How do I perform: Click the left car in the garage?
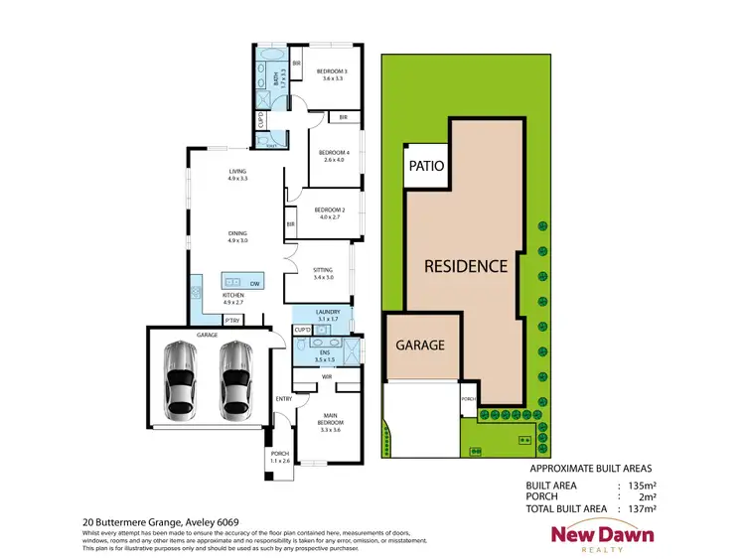(x=180, y=378)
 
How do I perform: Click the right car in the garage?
(x=235, y=378)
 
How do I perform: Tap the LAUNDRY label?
(x=329, y=315)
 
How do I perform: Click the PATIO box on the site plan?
(x=424, y=167)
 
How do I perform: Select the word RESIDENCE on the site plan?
(x=466, y=266)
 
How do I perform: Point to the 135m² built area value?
(x=642, y=487)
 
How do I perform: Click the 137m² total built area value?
(x=642, y=507)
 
